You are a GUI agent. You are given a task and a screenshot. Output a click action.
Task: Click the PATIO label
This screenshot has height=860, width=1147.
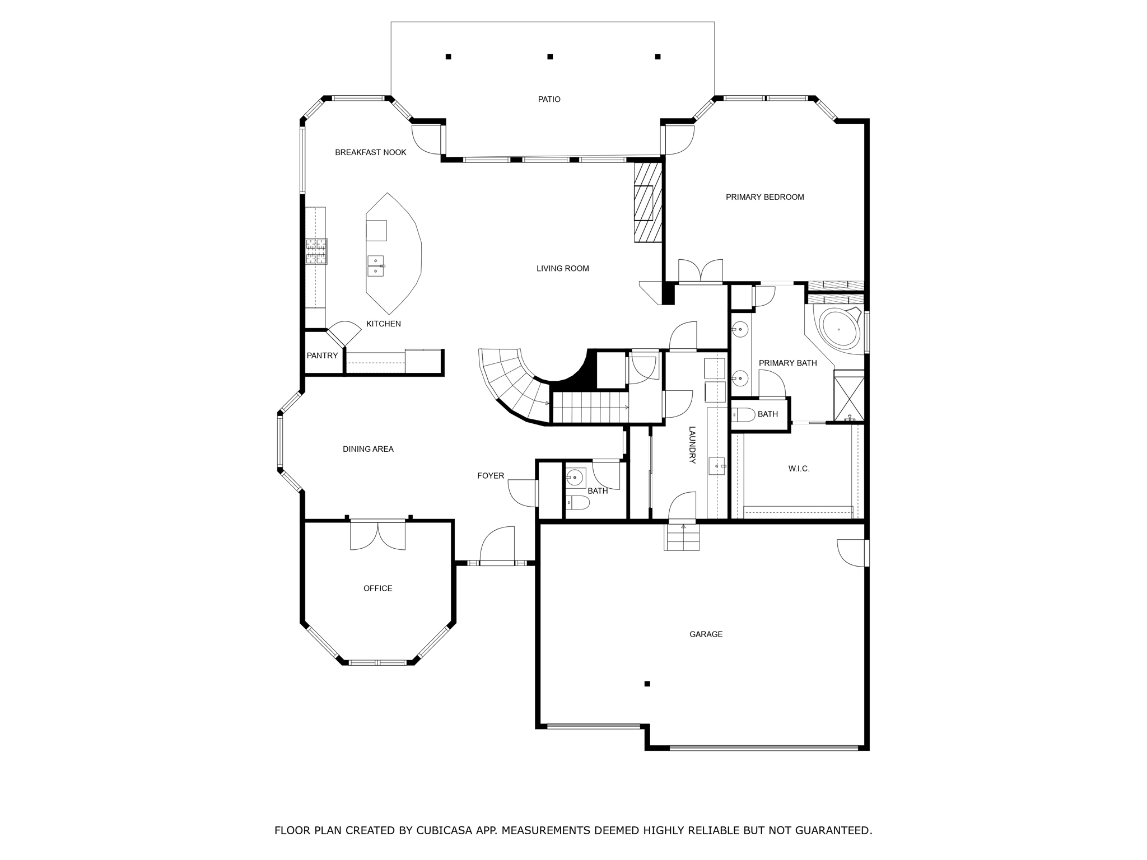pos(549,100)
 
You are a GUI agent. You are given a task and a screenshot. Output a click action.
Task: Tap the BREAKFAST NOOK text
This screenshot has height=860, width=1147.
pos(370,152)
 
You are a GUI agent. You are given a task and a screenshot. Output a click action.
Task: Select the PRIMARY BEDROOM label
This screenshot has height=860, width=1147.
pos(764,197)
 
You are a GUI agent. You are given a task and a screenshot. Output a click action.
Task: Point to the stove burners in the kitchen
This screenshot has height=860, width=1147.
pos(316,251)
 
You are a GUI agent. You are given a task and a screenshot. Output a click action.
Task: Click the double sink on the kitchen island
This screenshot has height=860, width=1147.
pos(376,266)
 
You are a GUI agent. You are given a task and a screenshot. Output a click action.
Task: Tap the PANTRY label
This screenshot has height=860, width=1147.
pos(322,356)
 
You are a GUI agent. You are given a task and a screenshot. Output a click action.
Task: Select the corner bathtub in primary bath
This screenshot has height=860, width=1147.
pos(838,329)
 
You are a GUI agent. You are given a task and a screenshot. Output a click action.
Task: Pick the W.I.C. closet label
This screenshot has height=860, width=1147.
pos(799,469)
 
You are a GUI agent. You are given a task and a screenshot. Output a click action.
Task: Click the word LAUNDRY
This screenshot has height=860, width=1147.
pos(692,445)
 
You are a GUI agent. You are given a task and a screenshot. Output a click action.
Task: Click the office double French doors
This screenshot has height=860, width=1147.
pos(378,536)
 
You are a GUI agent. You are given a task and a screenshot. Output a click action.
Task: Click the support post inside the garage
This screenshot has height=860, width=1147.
pos(647,684)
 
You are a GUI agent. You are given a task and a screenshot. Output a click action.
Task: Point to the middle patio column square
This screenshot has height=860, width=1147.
pos(550,57)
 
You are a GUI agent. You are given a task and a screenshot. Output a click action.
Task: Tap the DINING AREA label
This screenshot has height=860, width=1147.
pos(368,449)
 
